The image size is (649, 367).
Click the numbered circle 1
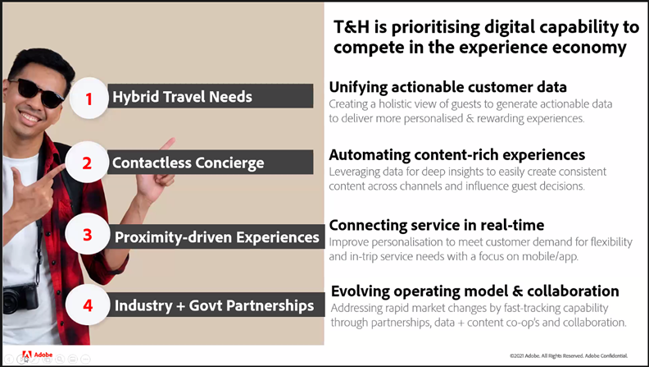coord(88,99)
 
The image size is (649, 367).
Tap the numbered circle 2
coord(87,163)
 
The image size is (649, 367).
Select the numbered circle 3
coord(88,234)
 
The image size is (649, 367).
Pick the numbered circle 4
coord(88,305)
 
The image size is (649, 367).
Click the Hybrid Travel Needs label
coord(182,97)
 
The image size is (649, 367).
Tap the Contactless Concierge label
coord(188,163)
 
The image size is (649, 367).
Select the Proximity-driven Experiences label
coord(217,237)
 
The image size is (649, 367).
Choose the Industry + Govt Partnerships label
coord(214,305)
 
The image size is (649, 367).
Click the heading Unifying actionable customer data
coord(448,87)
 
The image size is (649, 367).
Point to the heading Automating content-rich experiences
coord(457,154)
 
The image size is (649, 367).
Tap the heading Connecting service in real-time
coord(437,225)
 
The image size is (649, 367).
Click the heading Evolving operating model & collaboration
coord(475,291)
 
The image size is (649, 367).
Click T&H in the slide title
coord(352,27)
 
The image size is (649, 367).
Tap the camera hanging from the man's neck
coord(20,298)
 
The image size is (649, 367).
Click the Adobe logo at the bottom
coord(37,355)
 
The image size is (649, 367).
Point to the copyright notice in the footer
coord(569,356)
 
